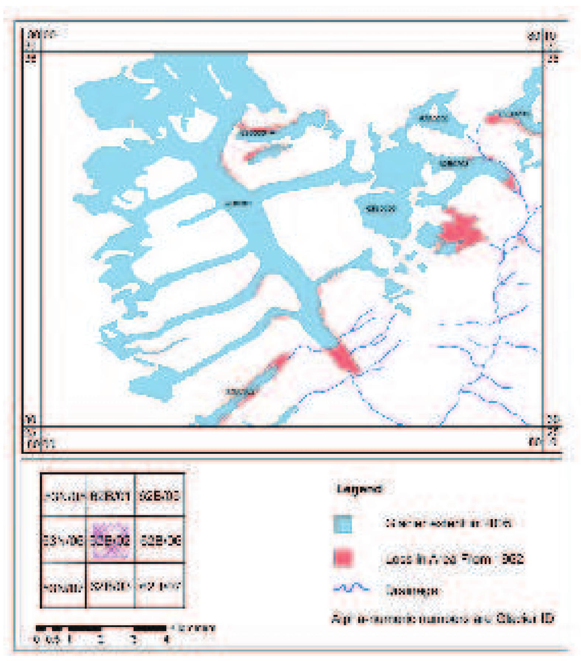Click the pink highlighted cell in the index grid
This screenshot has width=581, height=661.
[111, 539]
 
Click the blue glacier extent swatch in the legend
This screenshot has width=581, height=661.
[342, 523]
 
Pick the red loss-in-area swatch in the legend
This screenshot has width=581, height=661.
[342, 558]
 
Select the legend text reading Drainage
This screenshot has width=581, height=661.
[413, 590]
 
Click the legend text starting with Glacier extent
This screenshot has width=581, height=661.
[449, 523]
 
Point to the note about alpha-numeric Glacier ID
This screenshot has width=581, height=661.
[442, 618]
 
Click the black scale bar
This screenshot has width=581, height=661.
[102, 627]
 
